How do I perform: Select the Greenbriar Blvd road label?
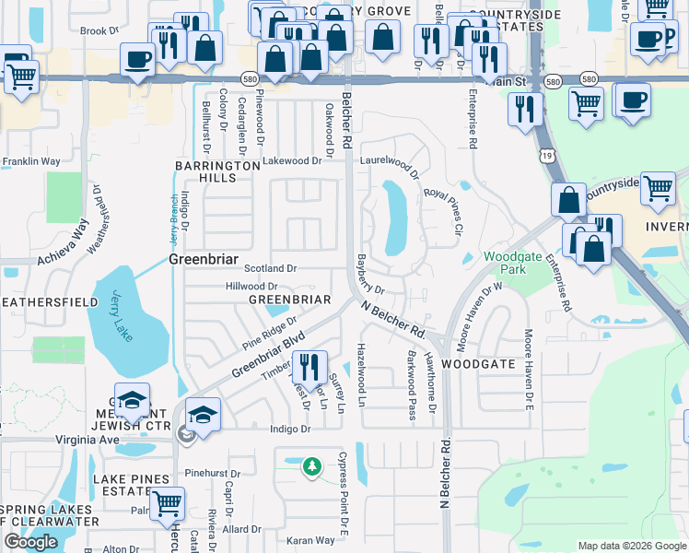tap(268, 354)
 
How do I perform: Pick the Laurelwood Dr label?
tap(390, 165)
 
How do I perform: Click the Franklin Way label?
tap(30, 161)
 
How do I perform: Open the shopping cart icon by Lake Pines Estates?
tap(167, 503)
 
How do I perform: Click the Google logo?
tap(30, 542)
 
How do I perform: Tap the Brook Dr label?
tap(99, 30)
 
